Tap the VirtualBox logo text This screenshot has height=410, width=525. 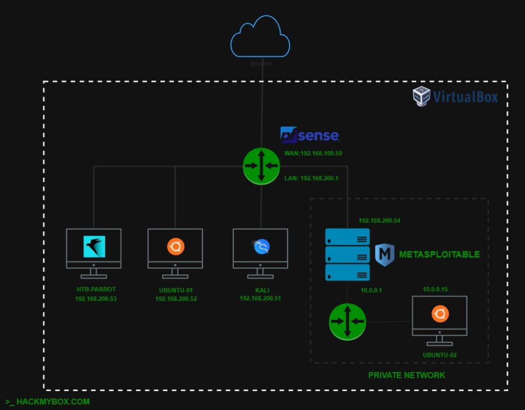pyautogui.click(x=465, y=96)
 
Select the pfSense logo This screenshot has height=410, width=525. pyautogui.click(x=310, y=135)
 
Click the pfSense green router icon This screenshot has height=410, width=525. pyautogui.click(x=261, y=166)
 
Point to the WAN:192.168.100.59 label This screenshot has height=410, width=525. pyautogui.click(x=313, y=153)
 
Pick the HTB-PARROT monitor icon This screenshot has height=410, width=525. pyautogui.click(x=94, y=249)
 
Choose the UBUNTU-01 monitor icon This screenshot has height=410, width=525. pyautogui.click(x=175, y=249)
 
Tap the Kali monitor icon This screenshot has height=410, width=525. pyautogui.click(x=260, y=249)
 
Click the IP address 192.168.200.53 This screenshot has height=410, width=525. pyautogui.click(x=96, y=298)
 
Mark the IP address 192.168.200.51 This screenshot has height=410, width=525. pyautogui.click(x=260, y=298)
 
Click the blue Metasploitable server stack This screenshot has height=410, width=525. pyautogui.click(x=348, y=254)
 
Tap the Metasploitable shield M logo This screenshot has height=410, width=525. pyautogui.click(x=384, y=255)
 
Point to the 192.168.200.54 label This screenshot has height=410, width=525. pyautogui.click(x=379, y=220)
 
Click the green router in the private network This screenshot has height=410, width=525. pyautogui.click(x=348, y=321)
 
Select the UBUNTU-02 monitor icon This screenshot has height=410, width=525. pyautogui.click(x=440, y=316)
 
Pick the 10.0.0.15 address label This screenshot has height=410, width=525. pyautogui.click(x=435, y=290)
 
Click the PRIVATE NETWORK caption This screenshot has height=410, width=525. pyautogui.click(x=407, y=375)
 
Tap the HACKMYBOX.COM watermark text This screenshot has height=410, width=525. pyautogui.click(x=48, y=402)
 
